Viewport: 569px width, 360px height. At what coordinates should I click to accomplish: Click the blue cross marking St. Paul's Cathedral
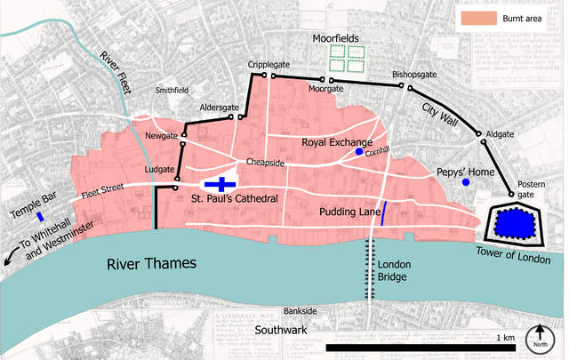[220, 184]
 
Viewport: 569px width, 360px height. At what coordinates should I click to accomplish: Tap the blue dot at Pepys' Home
[465, 182]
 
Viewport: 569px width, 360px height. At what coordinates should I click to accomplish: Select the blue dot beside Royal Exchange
[359, 152]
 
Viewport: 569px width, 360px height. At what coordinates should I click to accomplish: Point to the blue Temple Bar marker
[40, 216]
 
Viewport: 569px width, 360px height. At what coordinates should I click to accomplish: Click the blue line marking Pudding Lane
[383, 213]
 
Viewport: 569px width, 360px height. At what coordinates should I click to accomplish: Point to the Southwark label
[281, 330]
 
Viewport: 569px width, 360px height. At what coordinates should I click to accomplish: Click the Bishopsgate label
[415, 75]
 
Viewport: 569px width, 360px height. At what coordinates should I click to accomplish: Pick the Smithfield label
[172, 90]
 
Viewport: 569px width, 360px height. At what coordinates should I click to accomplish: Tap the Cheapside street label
[265, 164]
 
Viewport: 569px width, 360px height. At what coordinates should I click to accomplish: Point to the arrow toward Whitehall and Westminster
[10, 257]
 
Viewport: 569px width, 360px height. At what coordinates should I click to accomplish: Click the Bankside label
[300, 311]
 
